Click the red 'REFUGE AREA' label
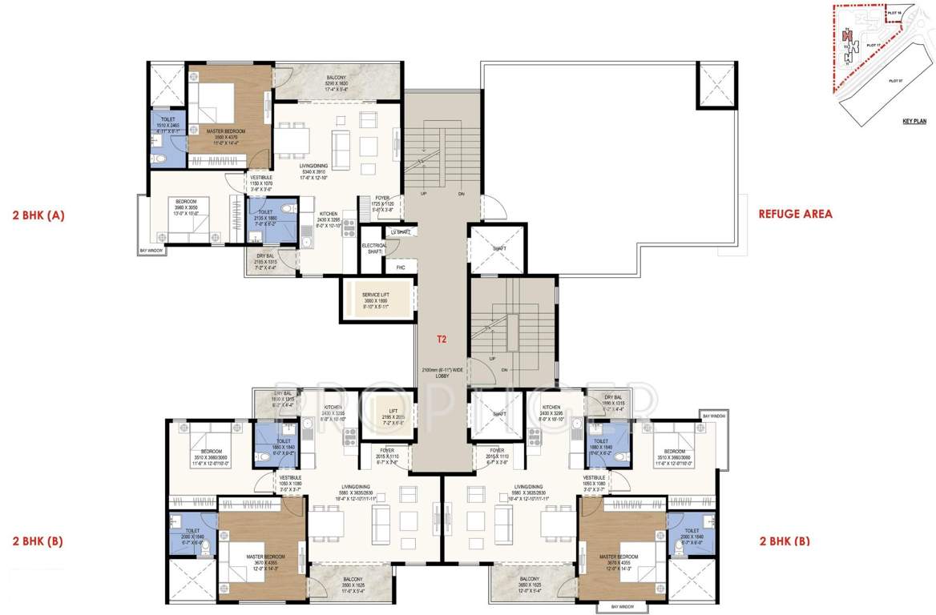coord(795,214)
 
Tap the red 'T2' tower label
coord(441,339)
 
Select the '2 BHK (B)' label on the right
coord(784,541)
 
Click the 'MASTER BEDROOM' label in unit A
coord(225,131)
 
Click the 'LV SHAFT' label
coord(399,232)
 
